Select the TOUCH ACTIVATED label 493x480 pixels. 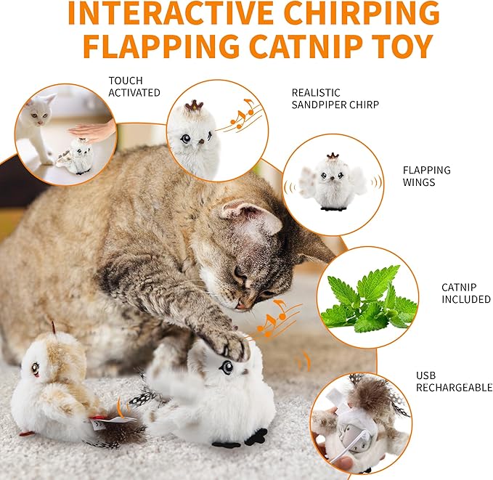pyautogui.click(x=134, y=86)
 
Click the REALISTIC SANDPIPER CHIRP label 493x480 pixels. pyautogui.click(x=335, y=99)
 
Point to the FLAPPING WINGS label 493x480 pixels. pyautogui.click(x=427, y=176)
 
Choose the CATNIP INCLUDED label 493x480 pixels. pyautogui.click(x=465, y=293)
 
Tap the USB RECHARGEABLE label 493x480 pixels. pyautogui.click(x=454, y=382)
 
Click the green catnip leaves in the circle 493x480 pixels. pyautogui.click(x=367, y=298)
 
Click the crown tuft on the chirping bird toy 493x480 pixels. pyautogui.click(x=194, y=106)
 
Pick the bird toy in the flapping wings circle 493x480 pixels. pyautogui.click(x=333, y=184)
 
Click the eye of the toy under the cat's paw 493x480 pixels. pyautogui.click(x=227, y=367)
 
